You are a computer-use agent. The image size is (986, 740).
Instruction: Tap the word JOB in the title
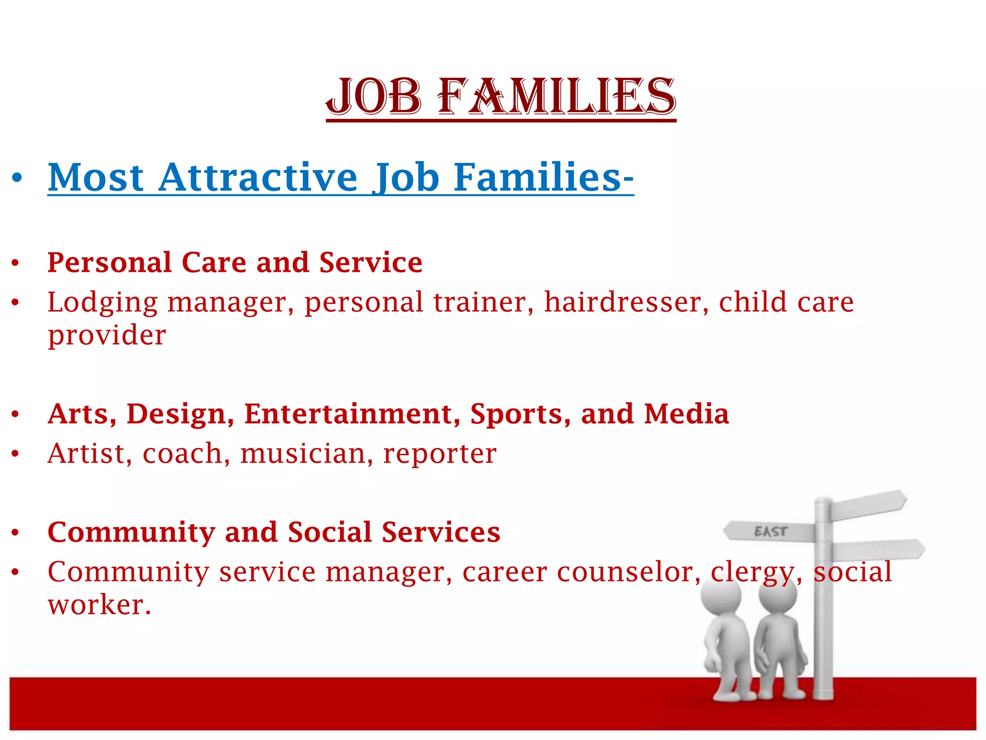(x=374, y=97)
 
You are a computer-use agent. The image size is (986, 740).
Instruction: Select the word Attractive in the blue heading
(x=258, y=178)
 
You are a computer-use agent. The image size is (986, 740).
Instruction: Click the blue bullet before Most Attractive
(x=17, y=178)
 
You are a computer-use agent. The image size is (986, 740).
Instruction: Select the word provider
(x=107, y=336)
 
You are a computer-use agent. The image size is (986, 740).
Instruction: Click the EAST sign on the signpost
(x=770, y=531)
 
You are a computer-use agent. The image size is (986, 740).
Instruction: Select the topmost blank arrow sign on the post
(x=869, y=505)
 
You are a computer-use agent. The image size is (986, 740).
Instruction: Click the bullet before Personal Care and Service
(x=15, y=263)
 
